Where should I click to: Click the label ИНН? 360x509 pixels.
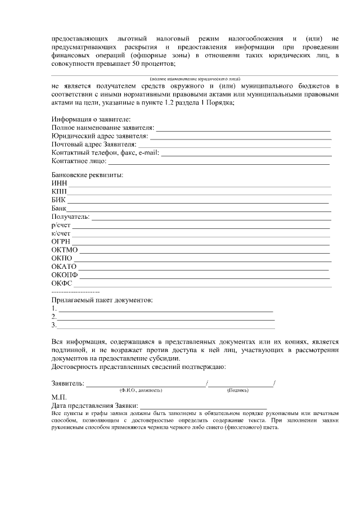(59, 183)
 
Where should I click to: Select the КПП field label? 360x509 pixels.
(59, 191)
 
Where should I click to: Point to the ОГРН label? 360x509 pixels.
(61, 241)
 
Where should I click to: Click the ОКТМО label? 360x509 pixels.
(64, 250)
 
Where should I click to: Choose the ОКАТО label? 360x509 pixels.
(64, 266)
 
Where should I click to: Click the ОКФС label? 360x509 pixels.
(61, 283)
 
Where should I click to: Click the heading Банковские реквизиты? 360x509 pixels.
(87, 174)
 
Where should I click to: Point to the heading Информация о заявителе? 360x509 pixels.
(91, 120)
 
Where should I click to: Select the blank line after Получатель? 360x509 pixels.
(211, 217)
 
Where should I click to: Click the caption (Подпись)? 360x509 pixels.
(237, 390)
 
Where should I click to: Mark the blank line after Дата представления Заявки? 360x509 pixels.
(203, 406)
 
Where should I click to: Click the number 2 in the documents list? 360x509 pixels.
(53, 317)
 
